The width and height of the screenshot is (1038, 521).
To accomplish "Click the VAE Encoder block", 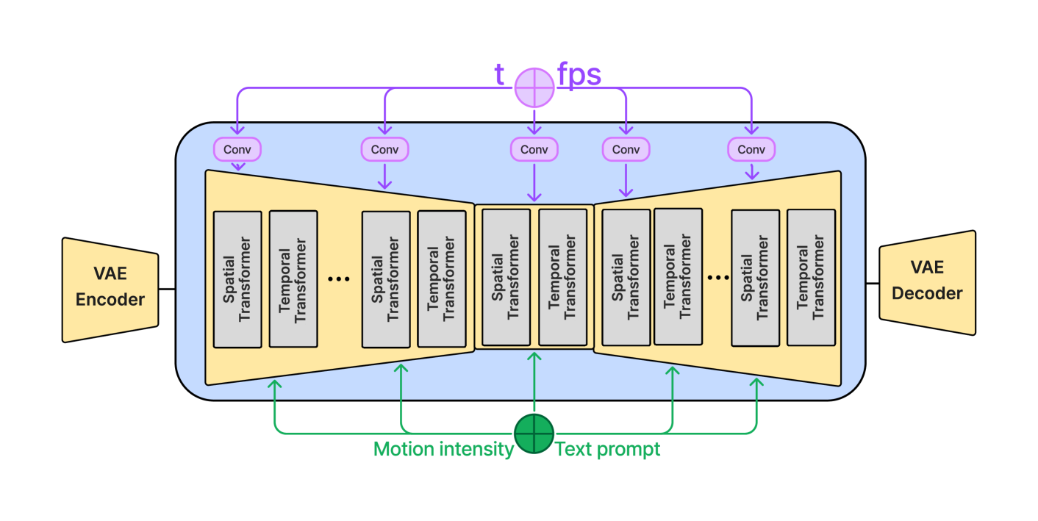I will coord(110,290).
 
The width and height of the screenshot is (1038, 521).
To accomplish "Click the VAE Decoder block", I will coord(927,283).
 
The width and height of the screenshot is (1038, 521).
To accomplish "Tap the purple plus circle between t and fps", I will coord(534,87).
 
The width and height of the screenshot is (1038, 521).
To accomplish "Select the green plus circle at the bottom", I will coord(534,433).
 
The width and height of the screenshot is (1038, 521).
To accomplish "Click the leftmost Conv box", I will coord(237,149).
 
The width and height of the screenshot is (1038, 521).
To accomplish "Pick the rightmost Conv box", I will coord(751,149).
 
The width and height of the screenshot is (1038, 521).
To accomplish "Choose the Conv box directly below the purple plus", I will coord(534,149).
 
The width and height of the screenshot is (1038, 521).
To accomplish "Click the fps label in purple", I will coord(579,75).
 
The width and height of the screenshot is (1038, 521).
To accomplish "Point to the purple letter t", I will coord(499,75).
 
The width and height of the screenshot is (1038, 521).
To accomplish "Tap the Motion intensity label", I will coord(443,449).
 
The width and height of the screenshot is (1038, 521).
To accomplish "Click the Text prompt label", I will coord(608,449).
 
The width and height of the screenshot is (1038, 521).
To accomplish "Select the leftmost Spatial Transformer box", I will coord(237,279).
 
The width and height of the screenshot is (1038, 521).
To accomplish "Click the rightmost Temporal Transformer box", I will coord(811,278).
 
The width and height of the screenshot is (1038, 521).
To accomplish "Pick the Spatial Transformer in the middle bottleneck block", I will coord(506,277).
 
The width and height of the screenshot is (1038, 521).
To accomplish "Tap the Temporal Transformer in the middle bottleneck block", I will coord(562,277).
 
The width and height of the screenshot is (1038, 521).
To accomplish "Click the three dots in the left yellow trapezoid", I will coord(338,279).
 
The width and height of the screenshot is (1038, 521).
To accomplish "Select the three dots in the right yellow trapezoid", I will coord(717,278).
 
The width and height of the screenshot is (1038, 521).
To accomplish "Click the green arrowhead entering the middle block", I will coord(534,357).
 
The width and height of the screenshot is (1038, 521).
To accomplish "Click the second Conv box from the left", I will coord(384,149).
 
